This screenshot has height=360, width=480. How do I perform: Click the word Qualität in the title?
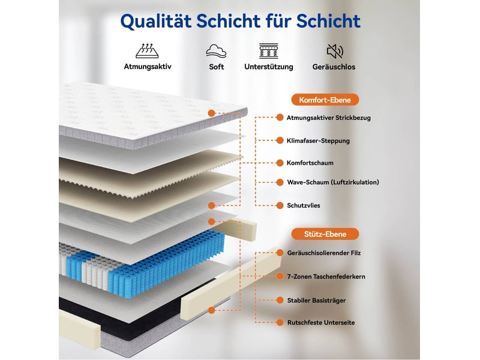pyautogui.click(x=157, y=21)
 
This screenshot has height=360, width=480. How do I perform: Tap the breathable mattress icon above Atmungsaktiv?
pyautogui.click(x=147, y=50)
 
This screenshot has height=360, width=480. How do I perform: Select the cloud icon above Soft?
pyautogui.click(x=216, y=51)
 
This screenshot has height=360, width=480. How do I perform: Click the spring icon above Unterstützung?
pyautogui.click(x=269, y=51)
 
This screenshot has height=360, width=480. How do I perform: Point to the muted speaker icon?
pyautogui.click(x=335, y=51)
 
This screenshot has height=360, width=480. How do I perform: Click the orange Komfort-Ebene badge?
pyautogui.click(x=325, y=100)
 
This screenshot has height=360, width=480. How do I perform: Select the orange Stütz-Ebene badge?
pyautogui.click(x=325, y=234)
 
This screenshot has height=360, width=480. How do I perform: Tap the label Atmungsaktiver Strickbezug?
pyautogui.click(x=328, y=118)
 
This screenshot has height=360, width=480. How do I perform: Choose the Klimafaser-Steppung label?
pyautogui.click(x=318, y=141)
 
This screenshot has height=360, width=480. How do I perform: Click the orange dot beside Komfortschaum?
pyautogui.click(x=280, y=163)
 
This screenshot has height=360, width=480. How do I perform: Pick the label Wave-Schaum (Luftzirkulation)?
pyautogui.click(x=333, y=182)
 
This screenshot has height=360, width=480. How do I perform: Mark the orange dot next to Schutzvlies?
pyautogui.click(x=280, y=205)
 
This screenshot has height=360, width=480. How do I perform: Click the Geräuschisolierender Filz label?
pyautogui.click(x=324, y=253)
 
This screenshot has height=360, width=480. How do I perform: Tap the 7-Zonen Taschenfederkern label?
pyautogui.click(x=326, y=277)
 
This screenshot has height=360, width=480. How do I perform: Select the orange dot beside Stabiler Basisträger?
pyautogui.click(x=280, y=301)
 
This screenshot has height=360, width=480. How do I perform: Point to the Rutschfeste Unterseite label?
pyautogui.click(x=321, y=323)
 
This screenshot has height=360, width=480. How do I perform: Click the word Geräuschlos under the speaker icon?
pyautogui.click(x=334, y=67)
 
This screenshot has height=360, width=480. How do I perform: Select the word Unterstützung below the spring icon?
pyautogui.click(x=268, y=67)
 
